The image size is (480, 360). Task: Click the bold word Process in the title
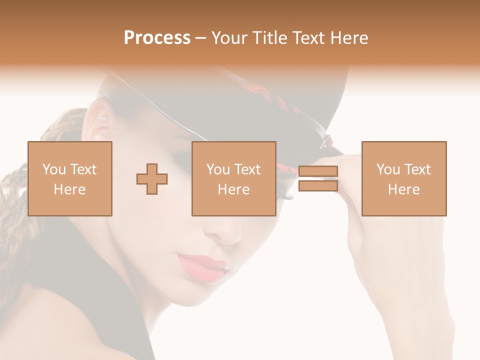click(157, 38)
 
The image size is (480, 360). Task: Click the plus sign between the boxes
click(152, 178)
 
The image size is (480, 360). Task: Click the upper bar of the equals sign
click(318, 171)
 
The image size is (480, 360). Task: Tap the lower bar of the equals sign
click(318, 186)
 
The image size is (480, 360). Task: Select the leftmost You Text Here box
click(70, 178)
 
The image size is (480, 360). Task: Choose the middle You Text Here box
click(234, 178)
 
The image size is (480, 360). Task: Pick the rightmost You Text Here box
click(404, 178)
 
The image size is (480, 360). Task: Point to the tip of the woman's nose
click(227, 235)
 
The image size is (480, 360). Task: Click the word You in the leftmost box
click(53, 169)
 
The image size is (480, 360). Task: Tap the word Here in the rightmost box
click(404, 189)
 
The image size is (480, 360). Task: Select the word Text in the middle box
click(247, 169)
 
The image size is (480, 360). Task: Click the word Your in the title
click(229, 38)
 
